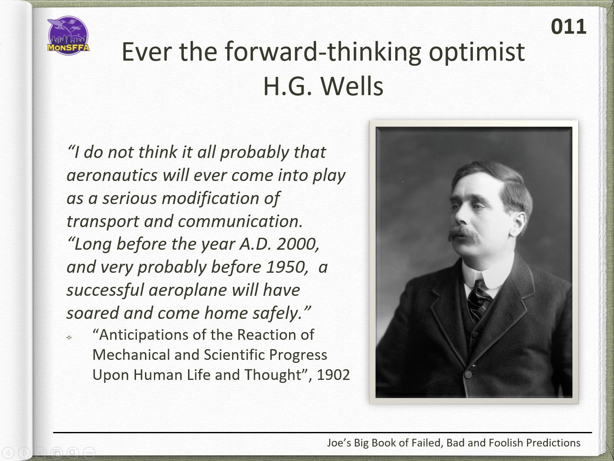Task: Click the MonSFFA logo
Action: click(x=68, y=35)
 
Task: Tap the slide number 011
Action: click(x=568, y=27)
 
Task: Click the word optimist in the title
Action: click(x=477, y=53)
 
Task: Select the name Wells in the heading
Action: click(x=352, y=86)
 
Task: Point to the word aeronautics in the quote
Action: click(x=112, y=175)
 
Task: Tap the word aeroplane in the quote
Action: click(x=188, y=290)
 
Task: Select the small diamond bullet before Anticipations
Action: click(x=69, y=338)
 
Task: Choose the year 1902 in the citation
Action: click(x=333, y=375)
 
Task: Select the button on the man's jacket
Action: click(x=468, y=374)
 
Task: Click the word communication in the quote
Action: click(x=240, y=222)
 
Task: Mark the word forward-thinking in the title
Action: click(x=323, y=53)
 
